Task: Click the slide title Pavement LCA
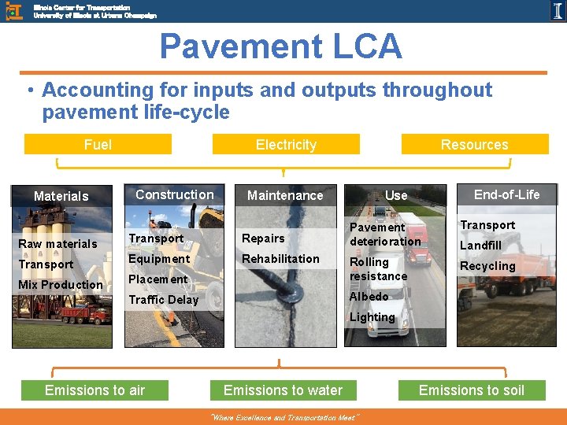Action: point(281,47)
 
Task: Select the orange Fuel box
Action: point(98,144)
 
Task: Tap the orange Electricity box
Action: point(286,144)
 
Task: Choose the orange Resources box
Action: point(474,144)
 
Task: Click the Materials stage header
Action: point(61,196)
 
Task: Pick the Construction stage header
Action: point(174,194)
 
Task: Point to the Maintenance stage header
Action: point(285,195)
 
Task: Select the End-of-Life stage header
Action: point(507,194)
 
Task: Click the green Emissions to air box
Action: point(94,390)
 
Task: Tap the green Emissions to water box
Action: point(283,390)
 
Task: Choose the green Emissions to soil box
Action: point(471,390)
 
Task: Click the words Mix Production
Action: point(61,285)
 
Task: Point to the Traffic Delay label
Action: point(164,300)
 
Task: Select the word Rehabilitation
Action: point(280,259)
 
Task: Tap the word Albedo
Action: point(369,297)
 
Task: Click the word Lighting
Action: point(372,317)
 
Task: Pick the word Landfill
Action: point(480,246)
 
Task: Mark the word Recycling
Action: point(487,266)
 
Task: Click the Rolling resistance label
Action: point(378,269)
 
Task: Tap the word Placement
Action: point(157,279)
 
